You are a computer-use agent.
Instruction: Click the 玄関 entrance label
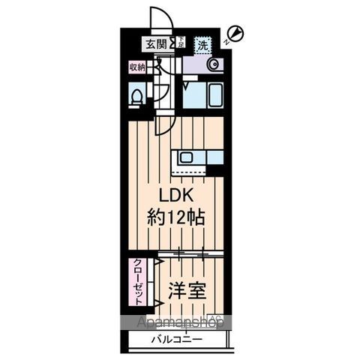point(156,43)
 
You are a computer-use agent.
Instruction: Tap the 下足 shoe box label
point(180,43)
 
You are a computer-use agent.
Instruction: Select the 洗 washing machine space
point(202,44)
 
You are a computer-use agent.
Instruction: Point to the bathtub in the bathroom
point(204,96)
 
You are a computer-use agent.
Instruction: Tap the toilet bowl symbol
point(137,96)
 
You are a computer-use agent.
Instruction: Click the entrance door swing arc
point(159,16)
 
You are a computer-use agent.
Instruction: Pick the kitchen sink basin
point(186,158)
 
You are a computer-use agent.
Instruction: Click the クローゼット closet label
point(139,282)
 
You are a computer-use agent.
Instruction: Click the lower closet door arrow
point(158,302)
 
